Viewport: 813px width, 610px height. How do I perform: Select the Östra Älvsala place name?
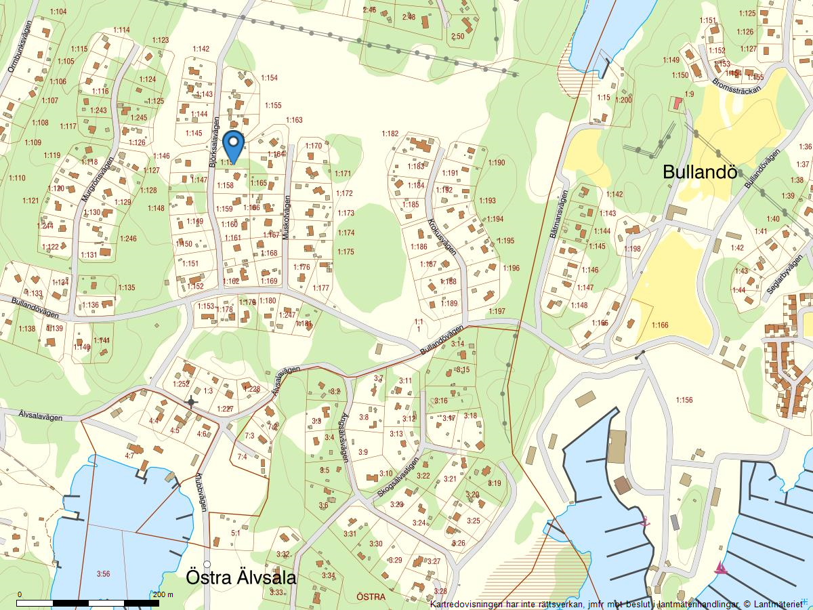(x=241, y=578)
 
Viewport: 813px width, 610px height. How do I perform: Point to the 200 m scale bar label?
(x=163, y=594)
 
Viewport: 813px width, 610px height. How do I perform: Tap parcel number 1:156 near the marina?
(x=684, y=400)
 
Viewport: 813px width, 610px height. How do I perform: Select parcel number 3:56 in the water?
(x=103, y=574)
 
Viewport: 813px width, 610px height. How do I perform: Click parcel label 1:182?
(x=390, y=134)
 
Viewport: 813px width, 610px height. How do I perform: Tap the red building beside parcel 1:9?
(x=676, y=104)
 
